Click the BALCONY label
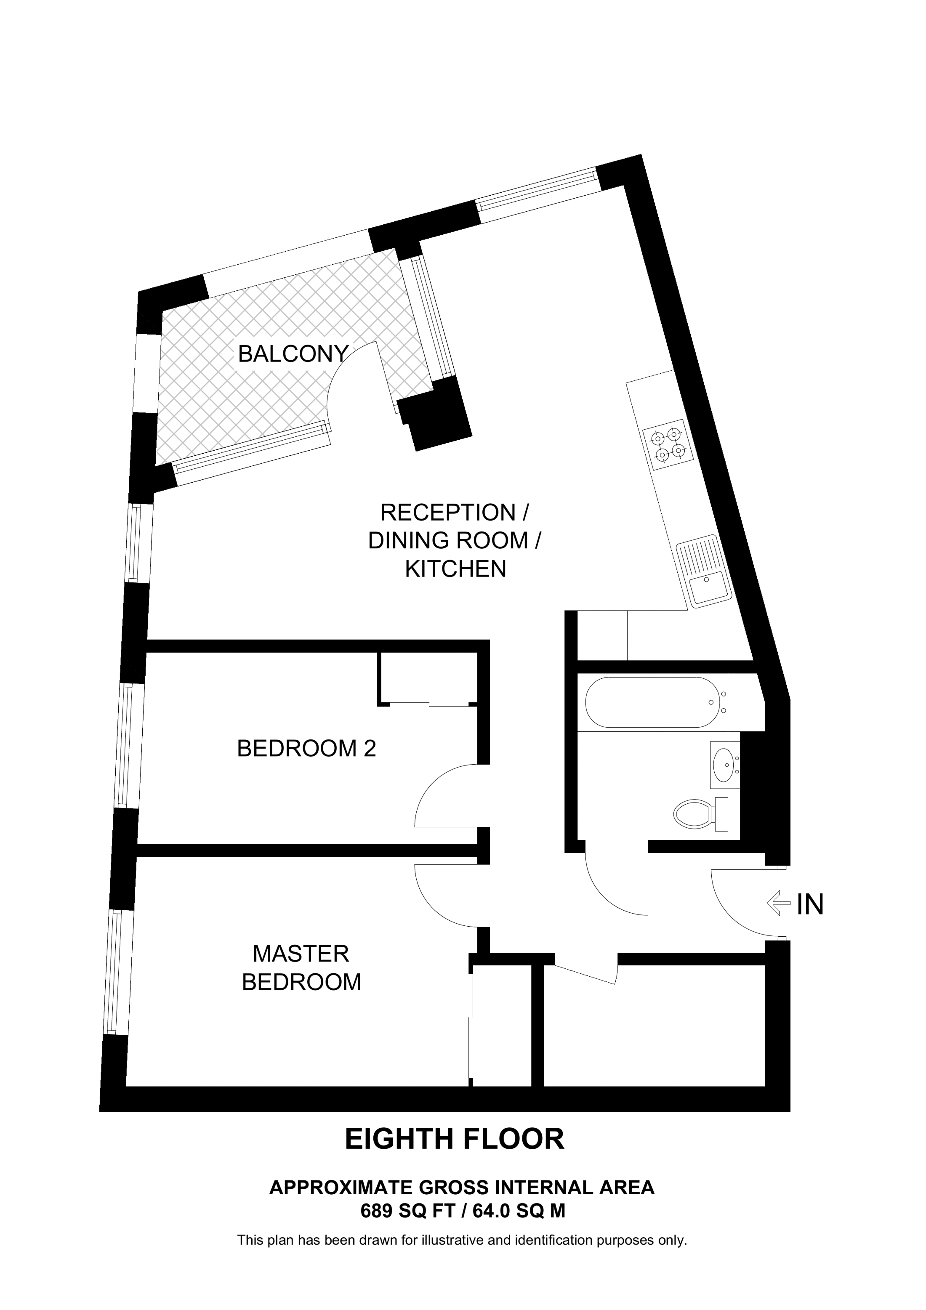point(293,354)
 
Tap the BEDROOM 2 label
point(306,749)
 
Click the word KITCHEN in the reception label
point(455,569)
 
